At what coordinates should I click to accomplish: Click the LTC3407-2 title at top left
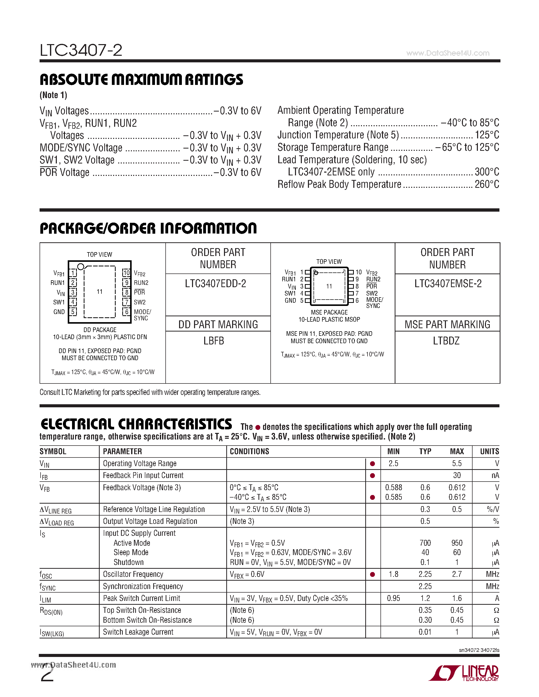81,50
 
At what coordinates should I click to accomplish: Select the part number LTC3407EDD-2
216,283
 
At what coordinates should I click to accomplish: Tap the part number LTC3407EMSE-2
448,283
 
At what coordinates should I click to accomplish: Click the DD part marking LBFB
214,341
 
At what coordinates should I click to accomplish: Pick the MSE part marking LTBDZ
446,341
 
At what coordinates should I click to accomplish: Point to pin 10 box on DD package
127,273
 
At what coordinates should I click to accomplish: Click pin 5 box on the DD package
73,312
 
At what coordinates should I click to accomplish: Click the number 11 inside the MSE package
329,286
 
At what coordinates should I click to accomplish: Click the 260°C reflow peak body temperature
487,185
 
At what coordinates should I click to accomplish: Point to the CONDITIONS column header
249,451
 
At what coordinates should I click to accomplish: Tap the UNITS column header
489,451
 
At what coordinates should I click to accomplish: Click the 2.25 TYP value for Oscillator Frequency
425,574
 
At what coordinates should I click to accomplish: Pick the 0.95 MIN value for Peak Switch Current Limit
393,598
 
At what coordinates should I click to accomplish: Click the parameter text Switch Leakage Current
138,632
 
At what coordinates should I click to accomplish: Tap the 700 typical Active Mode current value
425,543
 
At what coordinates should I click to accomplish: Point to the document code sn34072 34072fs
479,650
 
